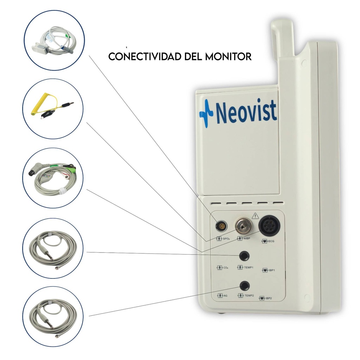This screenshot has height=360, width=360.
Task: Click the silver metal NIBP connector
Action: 243,226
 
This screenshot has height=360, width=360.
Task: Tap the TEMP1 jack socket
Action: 244,256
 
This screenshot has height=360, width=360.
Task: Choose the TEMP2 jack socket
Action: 245,285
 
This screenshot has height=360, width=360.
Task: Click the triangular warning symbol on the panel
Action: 255,216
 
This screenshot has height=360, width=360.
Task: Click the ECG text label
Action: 271,241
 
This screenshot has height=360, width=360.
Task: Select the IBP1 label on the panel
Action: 272,270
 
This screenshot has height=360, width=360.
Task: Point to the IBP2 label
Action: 269,298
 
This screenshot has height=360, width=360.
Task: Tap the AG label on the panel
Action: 225,295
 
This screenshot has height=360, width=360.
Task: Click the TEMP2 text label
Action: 249,295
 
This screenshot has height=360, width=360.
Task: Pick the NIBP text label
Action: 247,239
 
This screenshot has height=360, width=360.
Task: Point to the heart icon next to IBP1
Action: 265,270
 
